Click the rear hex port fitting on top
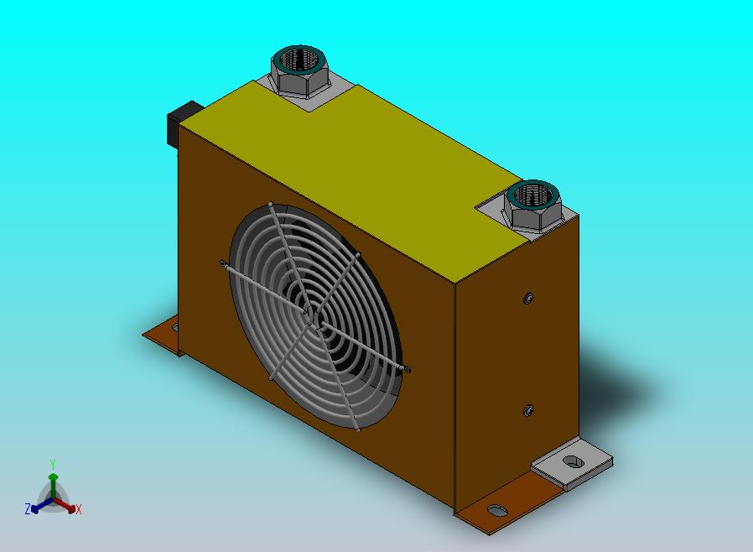pos(299,71)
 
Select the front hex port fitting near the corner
pos(533,206)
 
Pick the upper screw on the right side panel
pos(528,299)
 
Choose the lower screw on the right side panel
pos(527,411)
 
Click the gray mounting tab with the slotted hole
pos(572,464)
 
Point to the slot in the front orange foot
pos(497,510)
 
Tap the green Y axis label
pos(53,464)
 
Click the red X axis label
pos(79,509)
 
